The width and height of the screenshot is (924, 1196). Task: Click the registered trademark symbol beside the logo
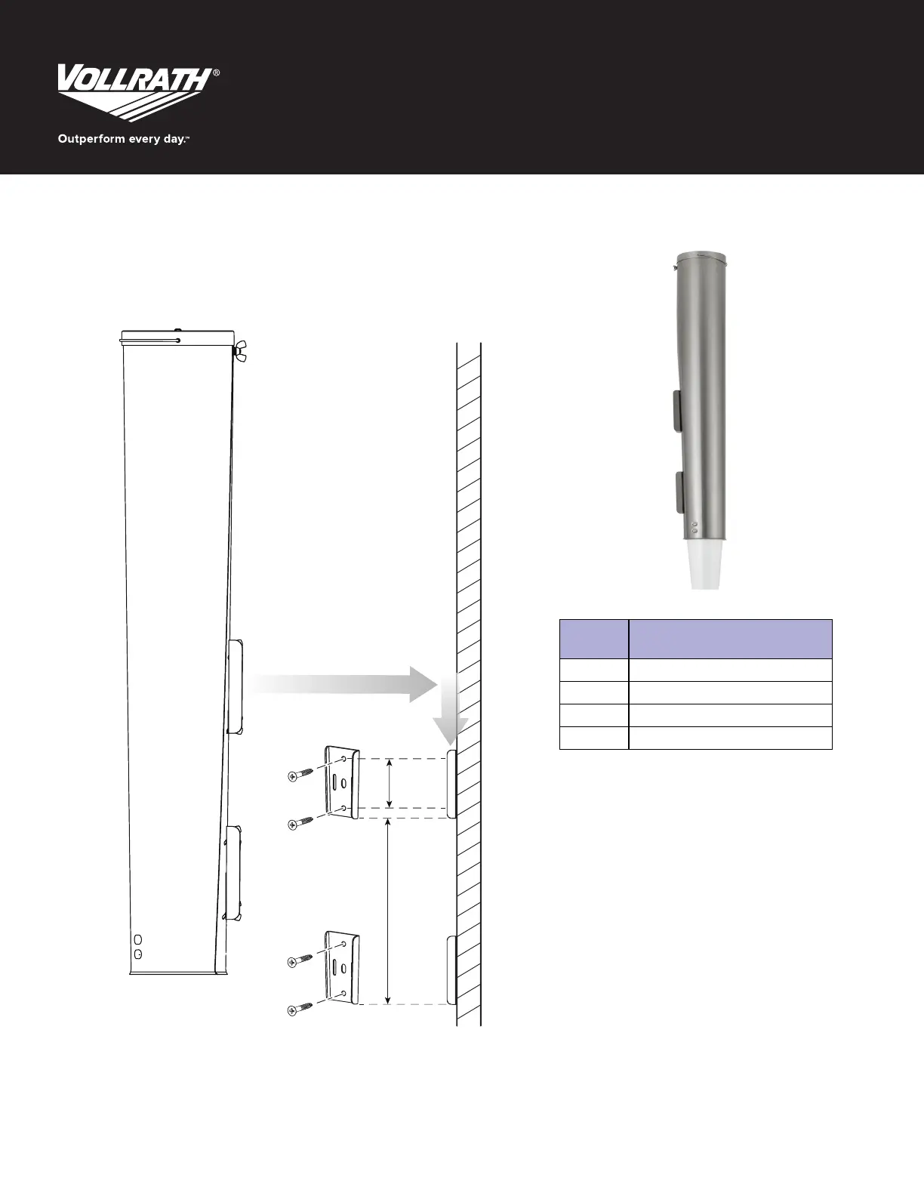(x=216, y=72)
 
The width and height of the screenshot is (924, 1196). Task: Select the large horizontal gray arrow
(x=341, y=684)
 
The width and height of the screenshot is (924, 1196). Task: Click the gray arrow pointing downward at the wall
(x=450, y=710)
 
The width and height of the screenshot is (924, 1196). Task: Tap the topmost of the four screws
(x=300, y=775)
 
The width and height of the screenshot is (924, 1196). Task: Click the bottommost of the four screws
(x=300, y=1009)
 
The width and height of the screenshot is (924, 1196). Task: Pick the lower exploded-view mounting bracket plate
(x=342, y=968)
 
